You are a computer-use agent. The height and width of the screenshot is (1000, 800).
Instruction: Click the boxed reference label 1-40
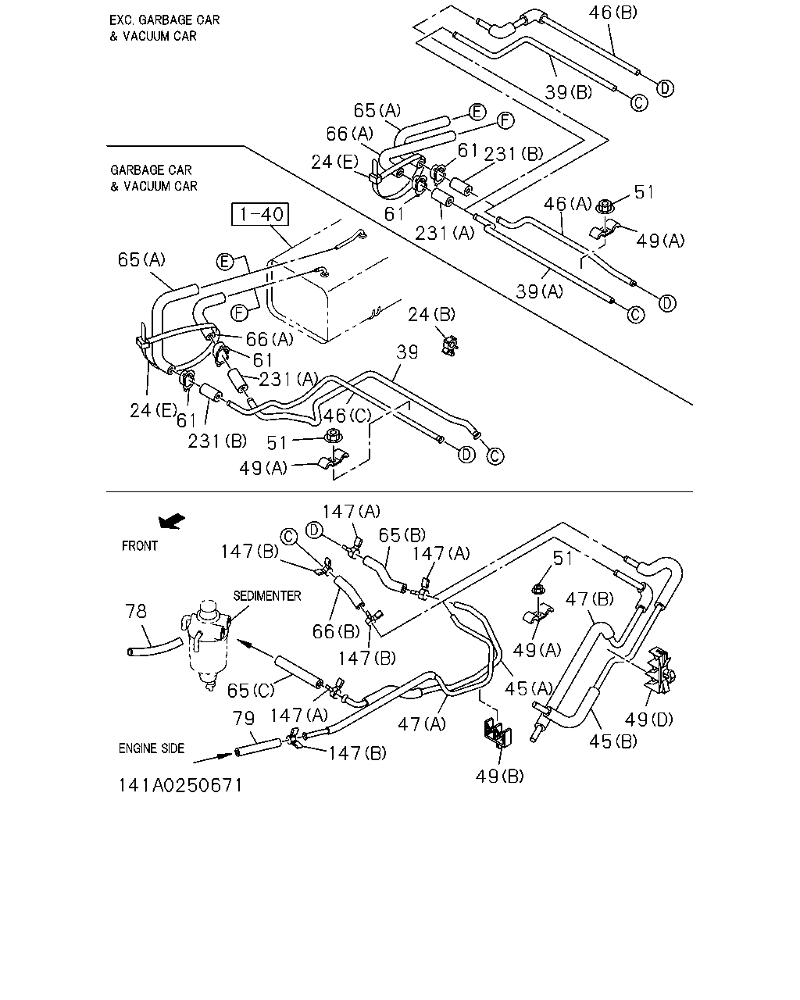260,214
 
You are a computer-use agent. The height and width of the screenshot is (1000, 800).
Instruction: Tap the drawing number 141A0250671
180,786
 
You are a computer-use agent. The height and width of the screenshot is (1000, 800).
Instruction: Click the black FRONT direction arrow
172,521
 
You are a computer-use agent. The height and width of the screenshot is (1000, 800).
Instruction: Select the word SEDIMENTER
267,596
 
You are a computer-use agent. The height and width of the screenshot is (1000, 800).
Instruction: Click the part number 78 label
136,612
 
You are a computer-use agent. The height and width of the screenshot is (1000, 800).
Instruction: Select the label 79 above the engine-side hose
244,719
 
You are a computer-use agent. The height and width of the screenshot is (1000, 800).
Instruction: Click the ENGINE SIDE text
152,748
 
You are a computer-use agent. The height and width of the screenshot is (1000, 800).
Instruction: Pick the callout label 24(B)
431,315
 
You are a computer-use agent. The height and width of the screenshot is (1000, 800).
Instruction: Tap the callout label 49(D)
649,720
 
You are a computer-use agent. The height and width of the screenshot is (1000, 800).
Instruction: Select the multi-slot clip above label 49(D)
660,670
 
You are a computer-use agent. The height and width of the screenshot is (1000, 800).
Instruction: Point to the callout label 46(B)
613,12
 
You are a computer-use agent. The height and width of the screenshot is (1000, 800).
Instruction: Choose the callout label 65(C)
251,691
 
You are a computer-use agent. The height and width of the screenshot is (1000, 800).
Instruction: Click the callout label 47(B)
589,599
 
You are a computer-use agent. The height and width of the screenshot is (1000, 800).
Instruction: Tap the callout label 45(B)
613,741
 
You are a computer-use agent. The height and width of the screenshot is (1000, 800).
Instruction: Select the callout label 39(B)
569,92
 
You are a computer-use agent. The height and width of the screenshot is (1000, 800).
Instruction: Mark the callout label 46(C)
347,416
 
